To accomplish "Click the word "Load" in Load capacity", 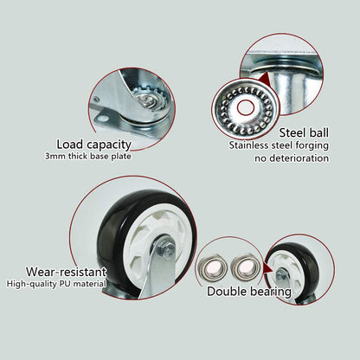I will [x=72, y=144].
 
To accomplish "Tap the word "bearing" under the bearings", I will [x=271, y=292].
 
